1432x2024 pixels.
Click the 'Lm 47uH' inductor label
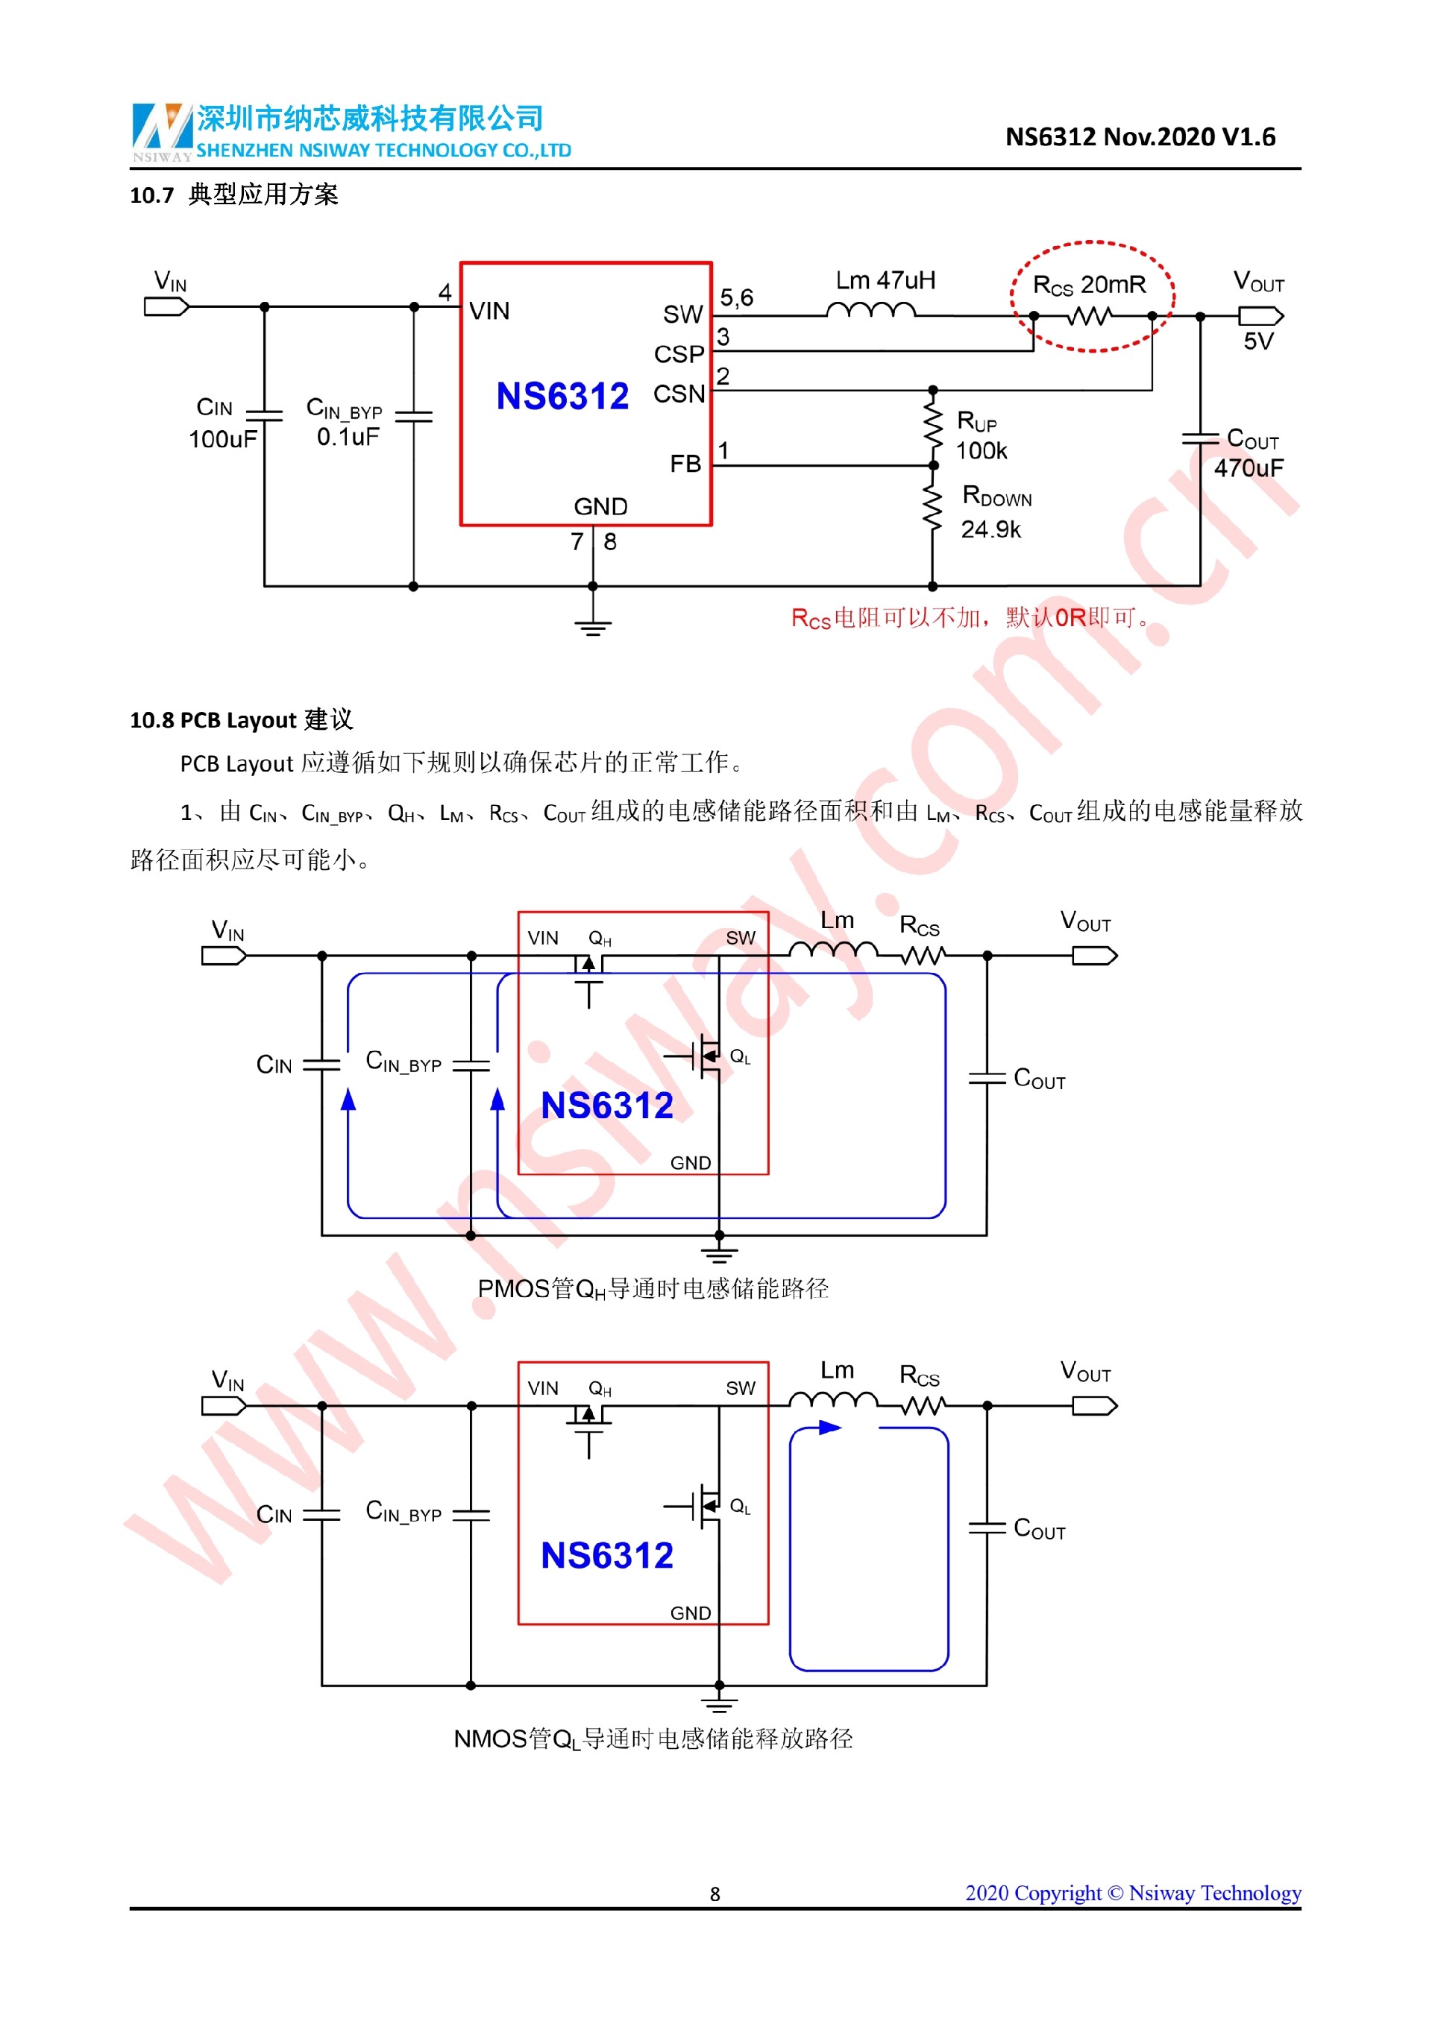pos(885,280)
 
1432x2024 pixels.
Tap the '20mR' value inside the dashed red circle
pos(1113,285)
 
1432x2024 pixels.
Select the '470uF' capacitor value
pos(1248,468)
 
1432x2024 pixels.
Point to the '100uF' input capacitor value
pos(222,439)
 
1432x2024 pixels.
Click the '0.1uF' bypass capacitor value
pos(348,436)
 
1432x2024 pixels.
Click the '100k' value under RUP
pos(981,451)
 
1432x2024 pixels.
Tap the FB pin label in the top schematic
pos(685,464)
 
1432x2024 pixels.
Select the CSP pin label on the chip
pos(678,354)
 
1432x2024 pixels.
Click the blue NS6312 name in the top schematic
pos(562,397)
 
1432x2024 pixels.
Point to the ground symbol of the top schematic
pos(592,626)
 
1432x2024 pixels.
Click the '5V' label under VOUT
pos(1257,341)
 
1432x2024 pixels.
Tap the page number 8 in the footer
pos(715,1894)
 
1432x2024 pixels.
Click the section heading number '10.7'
pos(151,195)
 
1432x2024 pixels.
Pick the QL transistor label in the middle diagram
pos(740,1056)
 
